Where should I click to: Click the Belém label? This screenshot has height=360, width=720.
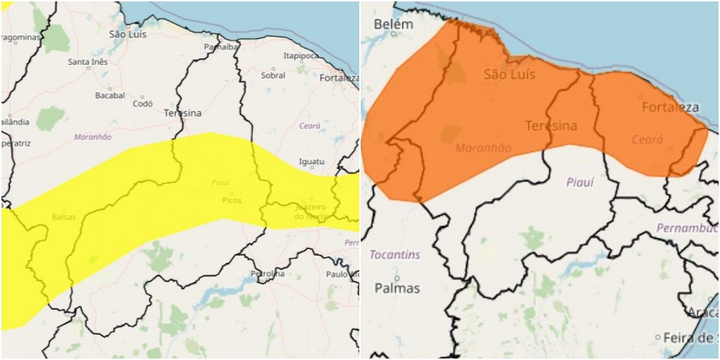394,24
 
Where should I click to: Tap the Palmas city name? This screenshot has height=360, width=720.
397,288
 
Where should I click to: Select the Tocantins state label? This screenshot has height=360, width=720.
395,255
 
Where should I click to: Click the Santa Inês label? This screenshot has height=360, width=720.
88,62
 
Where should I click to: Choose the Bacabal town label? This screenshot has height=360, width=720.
110,95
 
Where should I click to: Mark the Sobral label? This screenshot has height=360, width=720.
273,75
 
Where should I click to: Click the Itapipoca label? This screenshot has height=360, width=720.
300,55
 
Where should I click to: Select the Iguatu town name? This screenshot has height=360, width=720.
312,161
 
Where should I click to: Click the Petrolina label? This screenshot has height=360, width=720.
267,274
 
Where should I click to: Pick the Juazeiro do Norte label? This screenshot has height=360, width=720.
315,212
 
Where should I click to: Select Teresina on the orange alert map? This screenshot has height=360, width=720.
552,126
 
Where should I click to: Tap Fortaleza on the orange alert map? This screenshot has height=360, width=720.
670,107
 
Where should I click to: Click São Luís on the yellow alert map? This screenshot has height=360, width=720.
127,34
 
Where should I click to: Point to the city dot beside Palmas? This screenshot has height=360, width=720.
397,276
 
